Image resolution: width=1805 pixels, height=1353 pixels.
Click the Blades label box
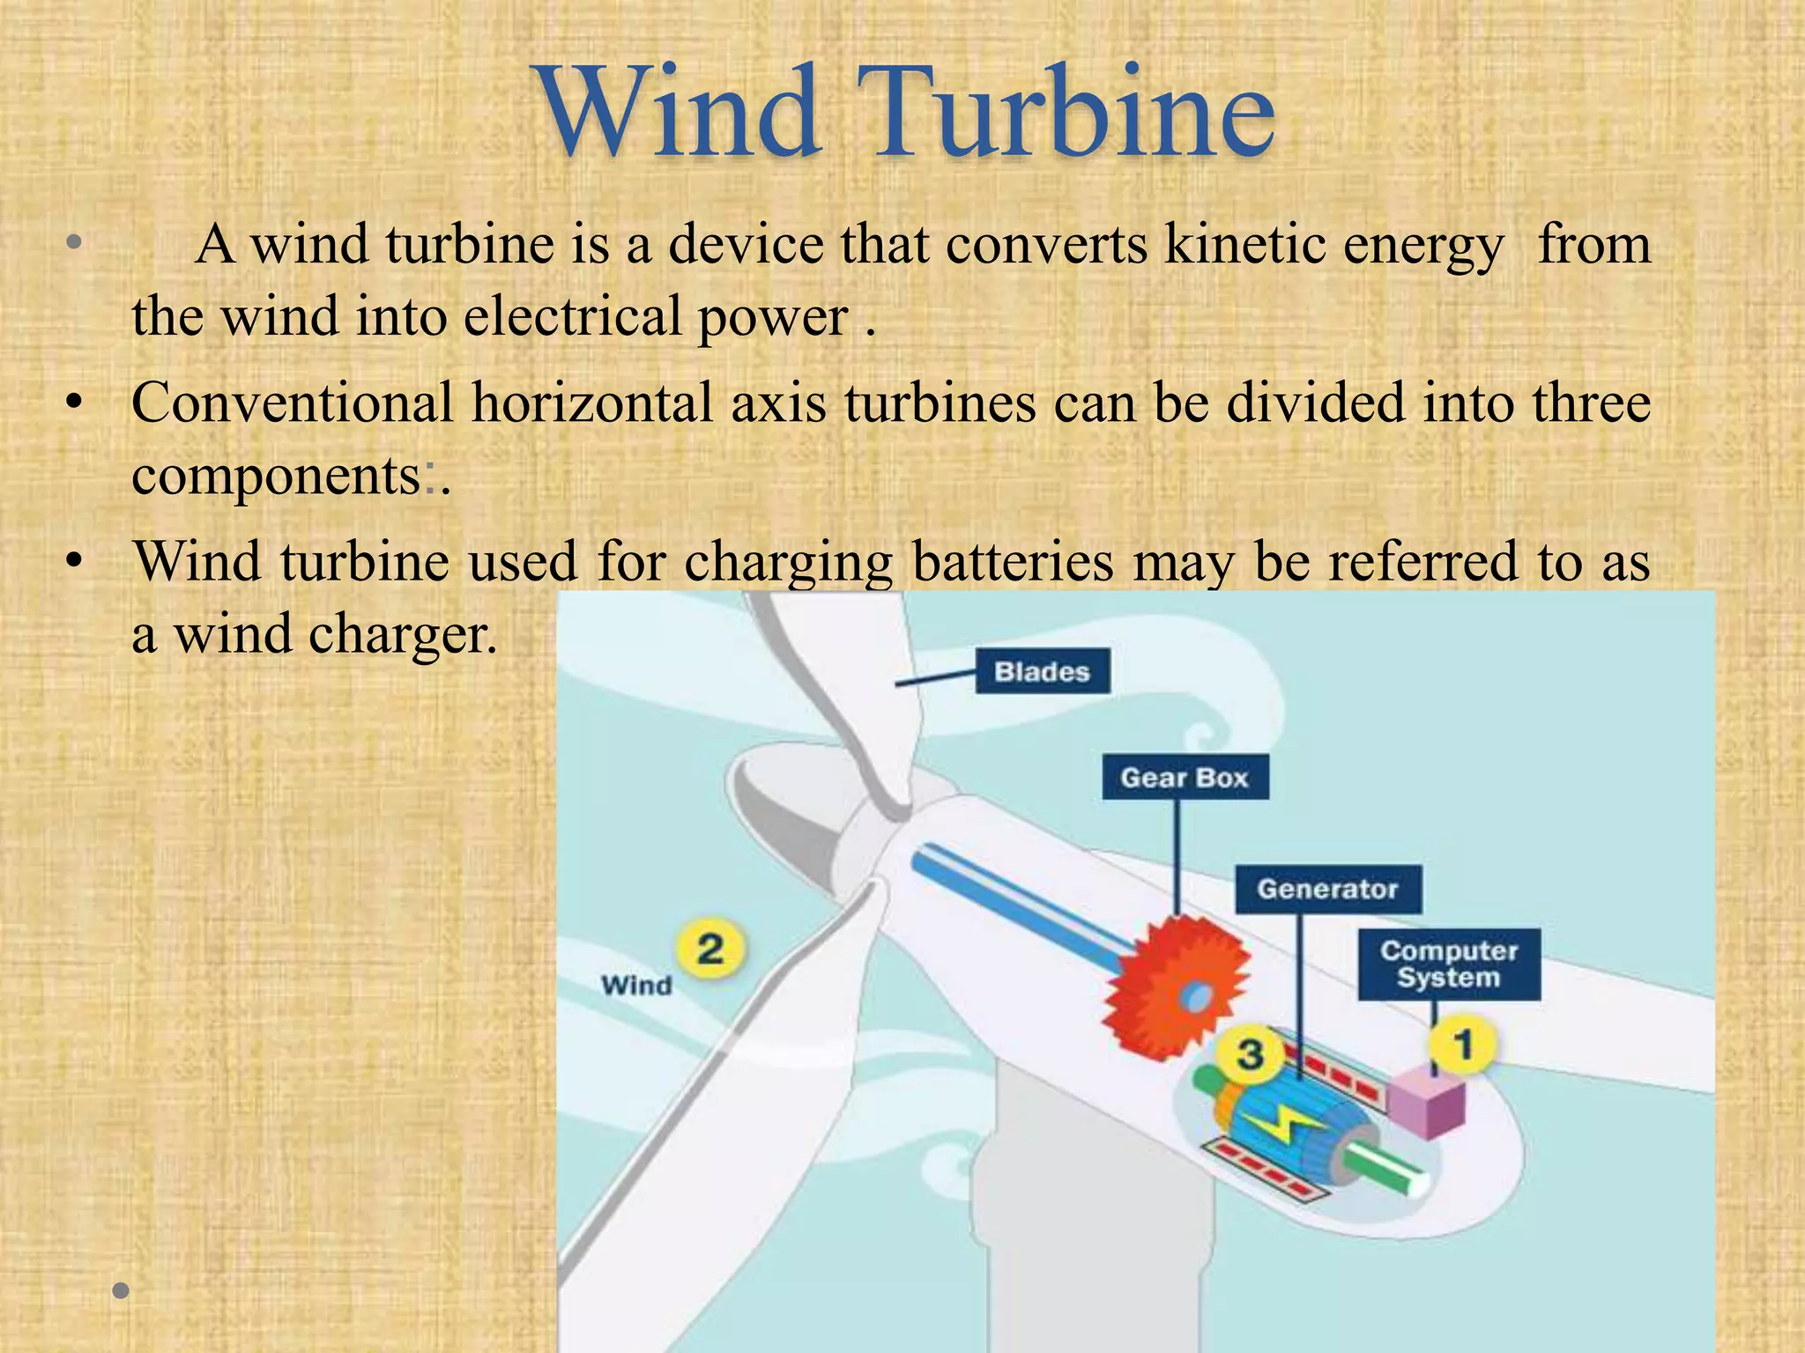pos(1042,672)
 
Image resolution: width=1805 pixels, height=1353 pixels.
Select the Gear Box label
pos(1185,778)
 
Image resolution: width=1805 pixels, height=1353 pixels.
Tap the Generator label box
pos(1327,889)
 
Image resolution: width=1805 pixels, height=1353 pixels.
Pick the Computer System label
pos(1449,964)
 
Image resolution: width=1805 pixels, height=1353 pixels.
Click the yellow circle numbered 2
pos(710,950)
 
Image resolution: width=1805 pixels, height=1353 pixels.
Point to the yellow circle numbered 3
pos(1250,1054)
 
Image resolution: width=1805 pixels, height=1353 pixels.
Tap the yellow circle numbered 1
pos(1463,1046)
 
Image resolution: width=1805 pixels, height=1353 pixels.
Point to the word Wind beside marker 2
pos(635,985)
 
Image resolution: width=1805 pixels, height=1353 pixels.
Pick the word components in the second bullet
pos(276,476)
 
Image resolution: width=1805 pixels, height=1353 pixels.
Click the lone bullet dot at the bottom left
pos(122,1291)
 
